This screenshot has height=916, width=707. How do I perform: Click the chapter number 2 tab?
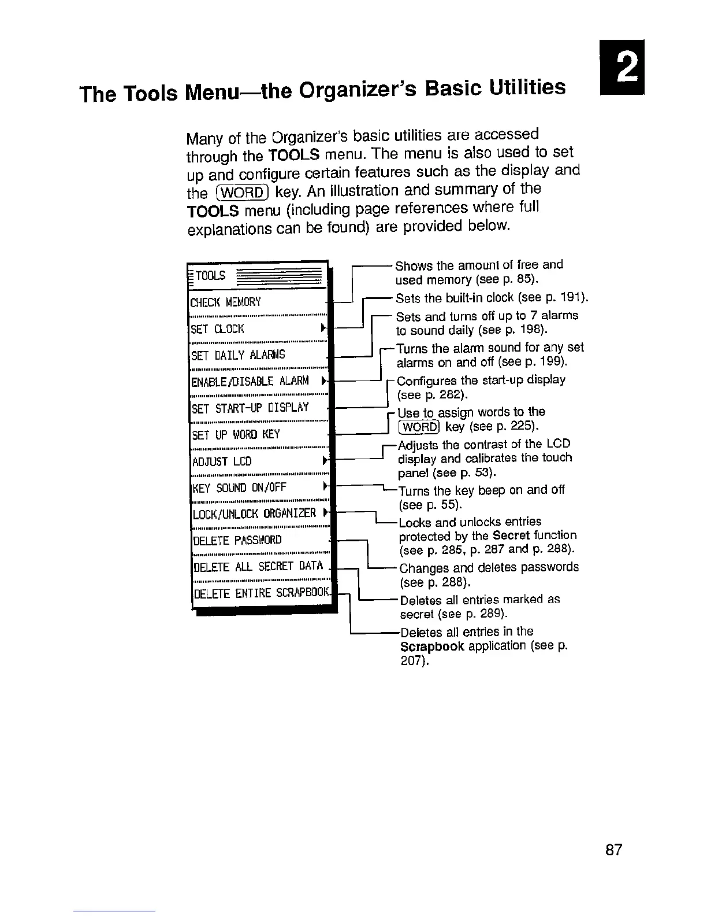623,68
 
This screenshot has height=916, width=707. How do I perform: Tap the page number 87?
613,850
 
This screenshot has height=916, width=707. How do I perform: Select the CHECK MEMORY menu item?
226,302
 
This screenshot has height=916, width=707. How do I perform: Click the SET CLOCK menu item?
218,329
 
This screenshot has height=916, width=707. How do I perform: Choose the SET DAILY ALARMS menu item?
238,355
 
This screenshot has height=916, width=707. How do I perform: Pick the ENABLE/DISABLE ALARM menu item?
250,382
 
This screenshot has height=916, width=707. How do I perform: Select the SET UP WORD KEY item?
235,435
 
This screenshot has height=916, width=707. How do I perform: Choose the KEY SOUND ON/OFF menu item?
239,487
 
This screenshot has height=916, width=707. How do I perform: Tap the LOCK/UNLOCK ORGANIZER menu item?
254,514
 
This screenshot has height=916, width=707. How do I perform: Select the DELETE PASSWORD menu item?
237,540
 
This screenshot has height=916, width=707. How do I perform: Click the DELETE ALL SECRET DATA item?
257,566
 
